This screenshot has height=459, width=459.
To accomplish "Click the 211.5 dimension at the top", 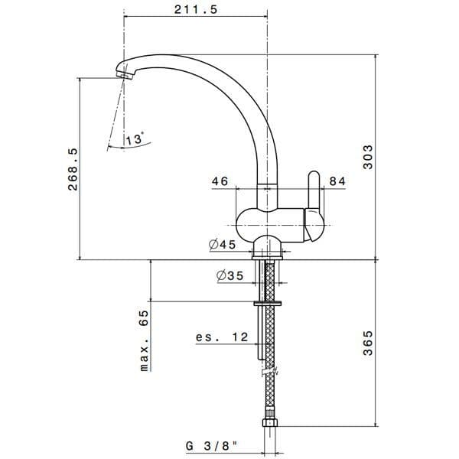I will [x=194, y=10].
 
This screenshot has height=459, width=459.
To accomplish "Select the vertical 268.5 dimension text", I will [x=73, y=170].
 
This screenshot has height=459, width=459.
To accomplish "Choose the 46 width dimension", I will [x=220, y=181].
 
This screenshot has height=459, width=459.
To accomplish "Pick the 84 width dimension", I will [x=337, y=181].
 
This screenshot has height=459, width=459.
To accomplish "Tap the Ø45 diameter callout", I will [x=221, y=245].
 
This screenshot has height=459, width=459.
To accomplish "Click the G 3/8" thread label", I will [x=212, y=445].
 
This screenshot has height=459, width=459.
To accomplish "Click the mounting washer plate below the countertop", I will [x=269, y=304].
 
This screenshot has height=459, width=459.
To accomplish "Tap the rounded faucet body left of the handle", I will [x=256, y=224].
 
